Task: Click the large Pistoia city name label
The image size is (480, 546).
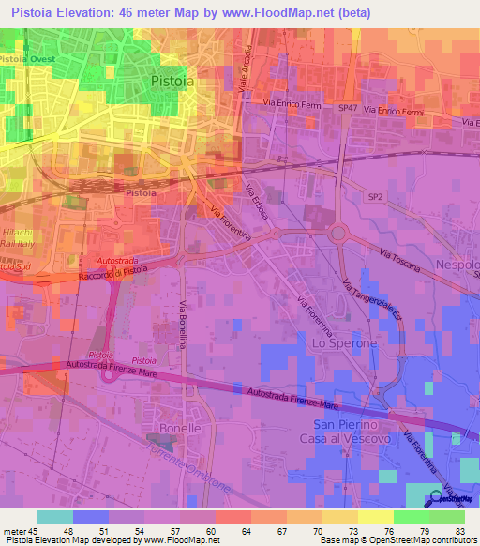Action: (x=173, y=82)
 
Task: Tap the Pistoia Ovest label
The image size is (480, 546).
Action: (x=27, y=58)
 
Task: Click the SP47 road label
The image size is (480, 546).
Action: (x=348, y=109)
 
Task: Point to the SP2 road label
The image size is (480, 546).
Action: (x=375, y=196)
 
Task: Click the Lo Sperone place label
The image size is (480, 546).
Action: (x=343, y=343)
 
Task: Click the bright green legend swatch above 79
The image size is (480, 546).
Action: (x=411, y=517)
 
